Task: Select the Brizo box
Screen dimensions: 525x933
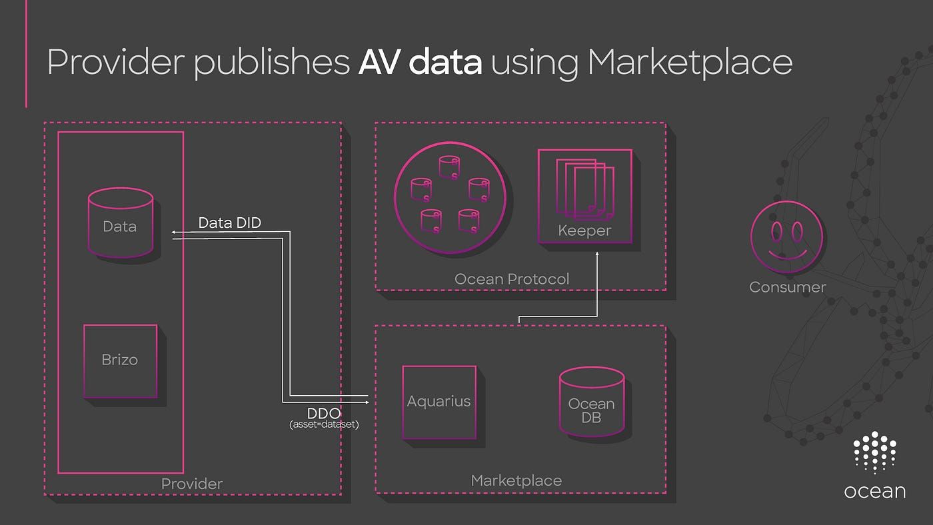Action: pos(120,361)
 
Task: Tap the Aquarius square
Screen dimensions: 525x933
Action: pos(439,402)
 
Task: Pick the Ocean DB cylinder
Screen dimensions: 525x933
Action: pos(591,404)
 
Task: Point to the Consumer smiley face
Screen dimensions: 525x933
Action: pos(786,237)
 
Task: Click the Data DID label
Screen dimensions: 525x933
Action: pos(230,223)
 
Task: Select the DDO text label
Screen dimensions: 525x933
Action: pos(324,414)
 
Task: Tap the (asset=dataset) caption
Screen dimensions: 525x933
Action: pos(325,424)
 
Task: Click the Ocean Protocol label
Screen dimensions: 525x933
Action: pos(512,279)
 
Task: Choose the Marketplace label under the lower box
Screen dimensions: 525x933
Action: pos(516,480)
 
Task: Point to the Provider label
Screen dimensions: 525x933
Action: pos(192,484)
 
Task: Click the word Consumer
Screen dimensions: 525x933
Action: pos(787,287)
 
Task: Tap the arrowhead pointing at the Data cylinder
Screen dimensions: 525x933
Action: pos(174,232)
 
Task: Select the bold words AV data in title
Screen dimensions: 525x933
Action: pos(419,63)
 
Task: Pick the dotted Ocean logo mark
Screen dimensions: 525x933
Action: pos(874,453)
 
